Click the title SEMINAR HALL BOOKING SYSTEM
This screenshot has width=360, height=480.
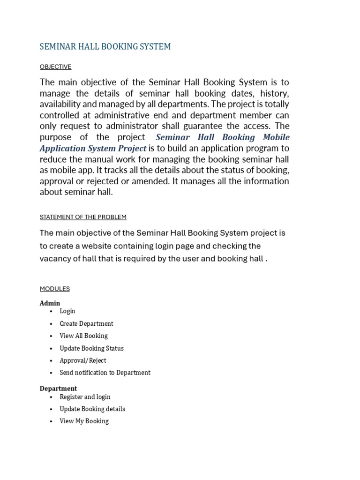(105, 46)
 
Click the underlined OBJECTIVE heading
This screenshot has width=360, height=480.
(55, 67)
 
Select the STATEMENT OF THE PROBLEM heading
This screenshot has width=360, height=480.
(83, 217)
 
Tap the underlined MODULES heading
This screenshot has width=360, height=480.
(54, 289)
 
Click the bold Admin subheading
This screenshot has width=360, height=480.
(50, 303)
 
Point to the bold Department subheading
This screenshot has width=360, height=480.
(58, 389)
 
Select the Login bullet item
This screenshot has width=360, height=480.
(67, 311)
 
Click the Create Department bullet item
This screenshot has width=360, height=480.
(86, 324)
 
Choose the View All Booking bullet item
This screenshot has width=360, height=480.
(83, 336)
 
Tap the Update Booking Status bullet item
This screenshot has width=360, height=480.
(91, 348)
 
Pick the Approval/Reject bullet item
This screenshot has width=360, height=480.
(83, 360)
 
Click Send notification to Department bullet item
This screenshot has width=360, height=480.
(105, 373)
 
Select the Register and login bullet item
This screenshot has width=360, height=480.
(85, 397)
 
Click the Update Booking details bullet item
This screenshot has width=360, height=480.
(92, 409)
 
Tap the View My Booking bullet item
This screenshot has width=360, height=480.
(84, 421)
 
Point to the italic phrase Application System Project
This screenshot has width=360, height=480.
(93, 149)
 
